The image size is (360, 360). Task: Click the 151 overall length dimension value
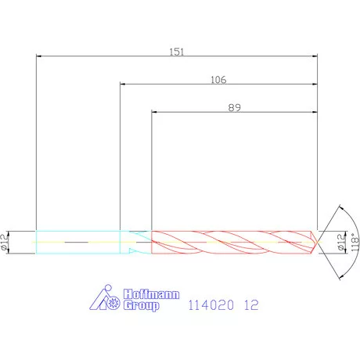(x=177, y=52)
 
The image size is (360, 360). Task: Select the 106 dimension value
(x=218, y=80)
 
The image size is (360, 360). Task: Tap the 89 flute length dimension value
(x=234, y=107)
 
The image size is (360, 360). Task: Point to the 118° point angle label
(x=355, y=242)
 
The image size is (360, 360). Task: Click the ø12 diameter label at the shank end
(x=5, y=242)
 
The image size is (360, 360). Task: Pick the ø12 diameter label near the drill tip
(x=340, y=242)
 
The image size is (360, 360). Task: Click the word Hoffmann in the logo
(x=151, y=294)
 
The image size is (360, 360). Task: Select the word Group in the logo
(x=141, y=305)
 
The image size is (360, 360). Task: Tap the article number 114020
(x=211, y=305)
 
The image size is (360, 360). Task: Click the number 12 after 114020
(x=251, y=305)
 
